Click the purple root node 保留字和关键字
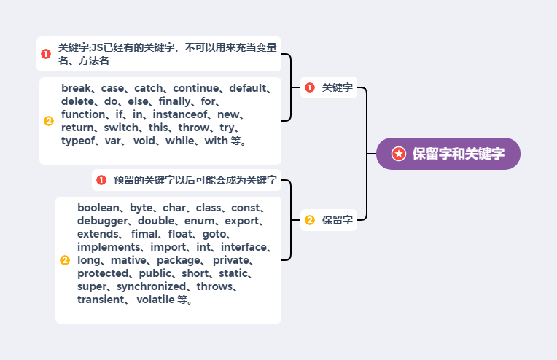pos(448,154)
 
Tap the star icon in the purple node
pos(398,154)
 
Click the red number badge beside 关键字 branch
pos(310,87)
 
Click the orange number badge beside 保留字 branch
pos(310,220)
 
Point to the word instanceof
pos(182,114)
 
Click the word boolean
pos(99,208)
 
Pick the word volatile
pos(155,300)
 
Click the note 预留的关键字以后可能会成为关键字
pos(195,180)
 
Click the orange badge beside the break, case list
pos(49,121)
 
